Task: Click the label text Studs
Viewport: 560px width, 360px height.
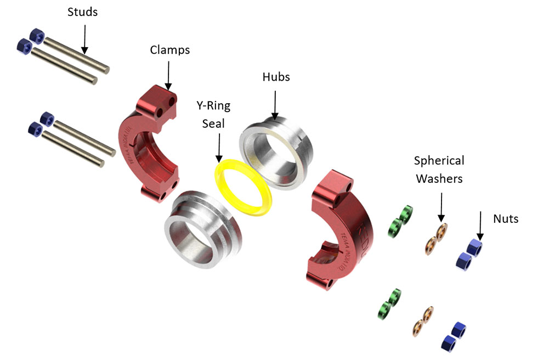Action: point(82,12)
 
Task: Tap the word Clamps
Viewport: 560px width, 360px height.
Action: point(170,50)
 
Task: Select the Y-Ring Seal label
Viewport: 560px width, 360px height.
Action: point(213,114)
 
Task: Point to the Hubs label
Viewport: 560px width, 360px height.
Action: point(276,77)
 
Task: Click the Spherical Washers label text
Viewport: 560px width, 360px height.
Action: point(439,170)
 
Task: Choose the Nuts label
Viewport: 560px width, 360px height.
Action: point(505,219)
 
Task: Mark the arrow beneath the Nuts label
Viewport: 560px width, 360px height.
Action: point(480,226)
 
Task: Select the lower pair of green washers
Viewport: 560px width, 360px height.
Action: point(389,303)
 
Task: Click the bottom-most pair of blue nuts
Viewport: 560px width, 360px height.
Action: point(454,336)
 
